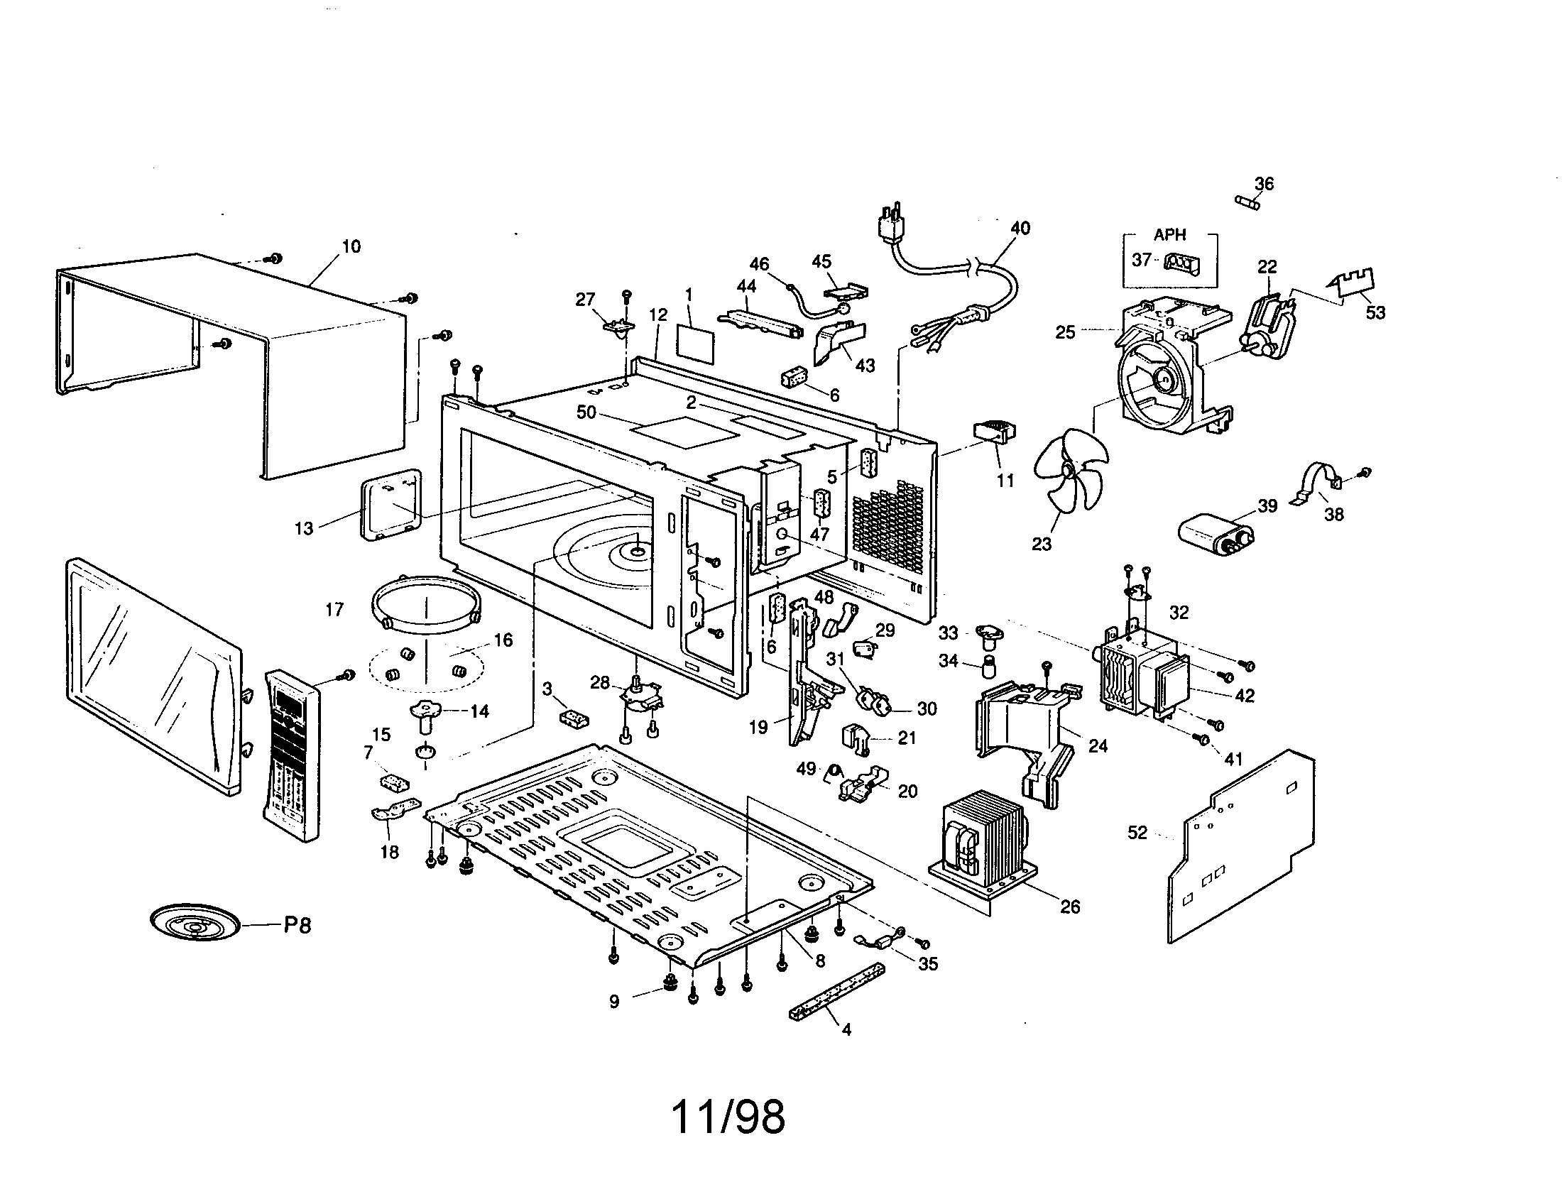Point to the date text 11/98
(x=727, y=1117)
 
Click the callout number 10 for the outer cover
(x=351, y=246)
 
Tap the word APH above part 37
(x=1169, y=234)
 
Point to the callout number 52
(x=1137, y=832)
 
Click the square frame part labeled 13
(x=390, y=504)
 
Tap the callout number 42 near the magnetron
(x=1245, y=695)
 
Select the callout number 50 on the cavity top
(x=586, y=412)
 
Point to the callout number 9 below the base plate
(x=614, y=1002)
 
